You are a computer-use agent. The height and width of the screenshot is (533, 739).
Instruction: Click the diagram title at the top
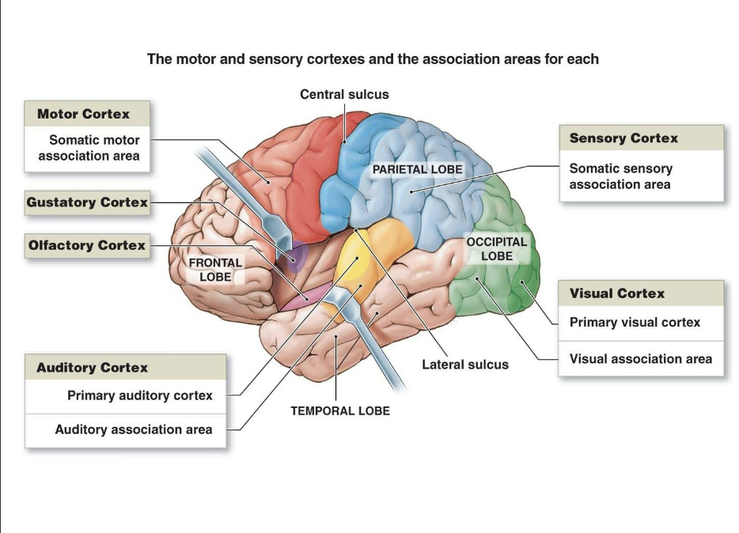373,59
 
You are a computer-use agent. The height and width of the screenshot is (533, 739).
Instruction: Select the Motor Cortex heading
83,114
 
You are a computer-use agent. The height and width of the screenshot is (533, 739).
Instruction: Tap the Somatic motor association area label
89,148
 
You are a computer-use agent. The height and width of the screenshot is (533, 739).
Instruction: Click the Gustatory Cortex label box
87,202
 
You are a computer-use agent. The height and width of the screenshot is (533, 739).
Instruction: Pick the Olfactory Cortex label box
87,245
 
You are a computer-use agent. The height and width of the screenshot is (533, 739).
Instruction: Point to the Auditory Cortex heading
92,368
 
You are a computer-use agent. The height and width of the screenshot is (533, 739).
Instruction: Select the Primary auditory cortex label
139,395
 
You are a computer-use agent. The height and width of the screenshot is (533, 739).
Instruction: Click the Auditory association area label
133,429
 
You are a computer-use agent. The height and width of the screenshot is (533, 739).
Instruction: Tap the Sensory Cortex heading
623,138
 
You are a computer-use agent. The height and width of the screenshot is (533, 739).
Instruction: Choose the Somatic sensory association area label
621,176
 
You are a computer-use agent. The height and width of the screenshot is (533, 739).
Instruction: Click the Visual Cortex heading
617,293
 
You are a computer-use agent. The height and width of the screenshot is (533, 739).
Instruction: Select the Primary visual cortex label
635,323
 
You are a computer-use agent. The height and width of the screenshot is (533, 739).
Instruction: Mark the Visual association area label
640,359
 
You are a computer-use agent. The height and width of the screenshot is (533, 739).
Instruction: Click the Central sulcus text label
344,94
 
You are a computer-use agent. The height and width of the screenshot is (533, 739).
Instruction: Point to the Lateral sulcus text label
465,365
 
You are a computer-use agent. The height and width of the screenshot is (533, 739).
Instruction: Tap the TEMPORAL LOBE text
340,411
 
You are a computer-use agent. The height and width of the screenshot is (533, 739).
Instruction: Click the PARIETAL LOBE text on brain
417,169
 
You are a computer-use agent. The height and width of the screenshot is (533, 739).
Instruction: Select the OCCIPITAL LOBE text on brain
496,249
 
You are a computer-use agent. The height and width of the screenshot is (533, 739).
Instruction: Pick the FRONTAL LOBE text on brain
215,270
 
